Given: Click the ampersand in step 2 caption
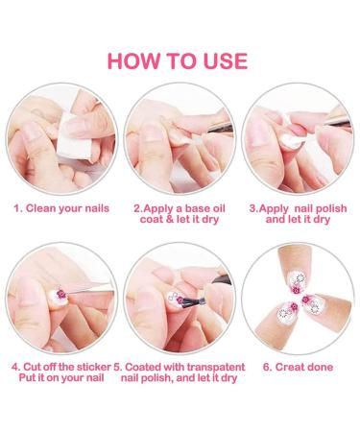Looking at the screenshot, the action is tap(169, 219).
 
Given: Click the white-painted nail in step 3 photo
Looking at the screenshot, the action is tap(292, 140).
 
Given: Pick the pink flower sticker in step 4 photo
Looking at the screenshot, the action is tap(61, 294).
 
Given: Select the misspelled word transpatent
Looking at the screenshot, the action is tap(216, 367).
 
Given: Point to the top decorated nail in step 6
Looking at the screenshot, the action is tap(299, 282).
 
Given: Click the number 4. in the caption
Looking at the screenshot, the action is tap(15, 367).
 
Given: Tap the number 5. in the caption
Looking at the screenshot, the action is tap(118, 367).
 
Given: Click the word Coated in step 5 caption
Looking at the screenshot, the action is tap(140, 367).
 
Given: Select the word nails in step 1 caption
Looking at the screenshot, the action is tap(97, 208).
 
